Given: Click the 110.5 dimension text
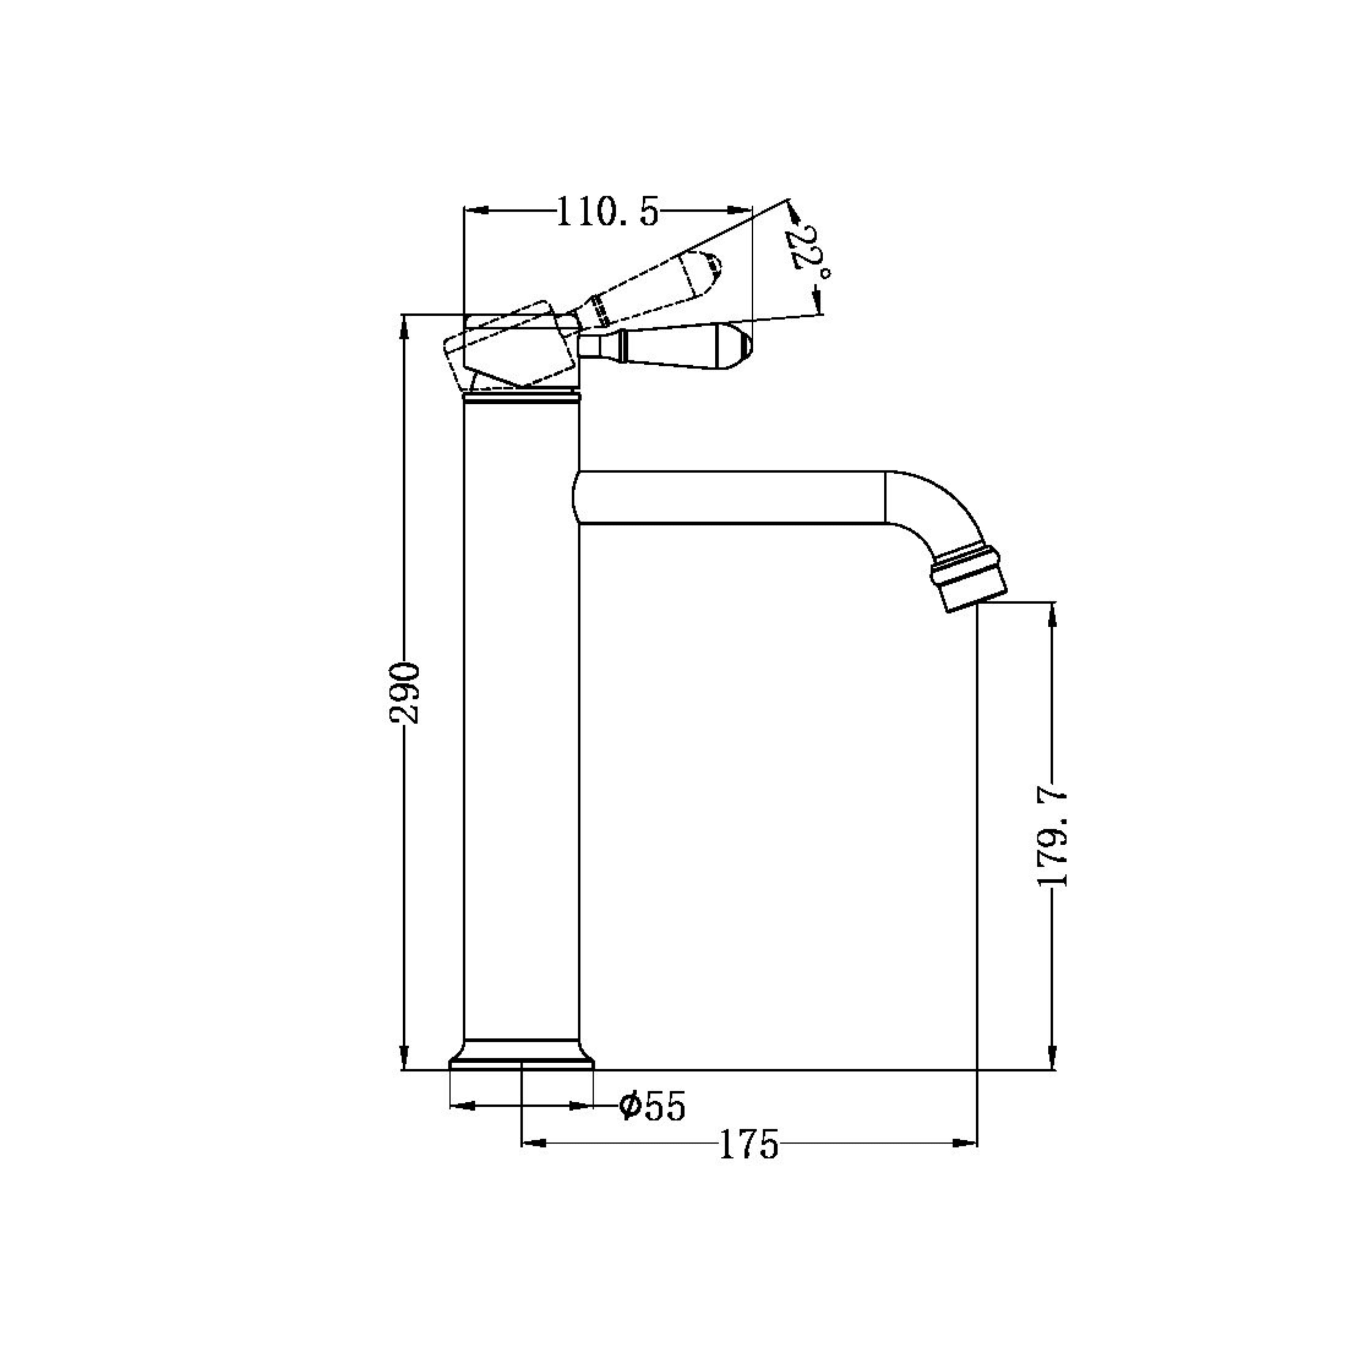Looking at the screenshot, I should click(x=609, y=212).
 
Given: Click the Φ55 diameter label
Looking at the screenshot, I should click(x=651, y=1106).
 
